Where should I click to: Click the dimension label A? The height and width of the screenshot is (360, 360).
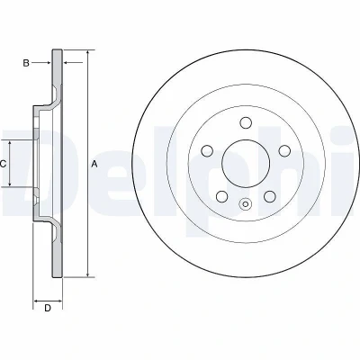click(94, 164)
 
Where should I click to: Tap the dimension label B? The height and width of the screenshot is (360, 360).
click(26, 63)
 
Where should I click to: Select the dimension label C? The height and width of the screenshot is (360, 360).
click(3, 164)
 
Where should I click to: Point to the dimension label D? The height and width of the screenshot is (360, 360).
click(48, 308)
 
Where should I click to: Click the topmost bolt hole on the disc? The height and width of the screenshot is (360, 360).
click(246, 122)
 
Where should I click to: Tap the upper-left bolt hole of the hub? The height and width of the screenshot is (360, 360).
click(207, 150)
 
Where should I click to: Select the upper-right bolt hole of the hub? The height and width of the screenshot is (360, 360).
click(284, 150)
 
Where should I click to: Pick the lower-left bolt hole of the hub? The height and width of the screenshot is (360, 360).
click(222, 196)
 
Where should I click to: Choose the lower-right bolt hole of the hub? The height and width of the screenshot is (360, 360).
click(270, 196)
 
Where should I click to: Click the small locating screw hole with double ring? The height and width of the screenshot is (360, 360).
click(246, 204)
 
